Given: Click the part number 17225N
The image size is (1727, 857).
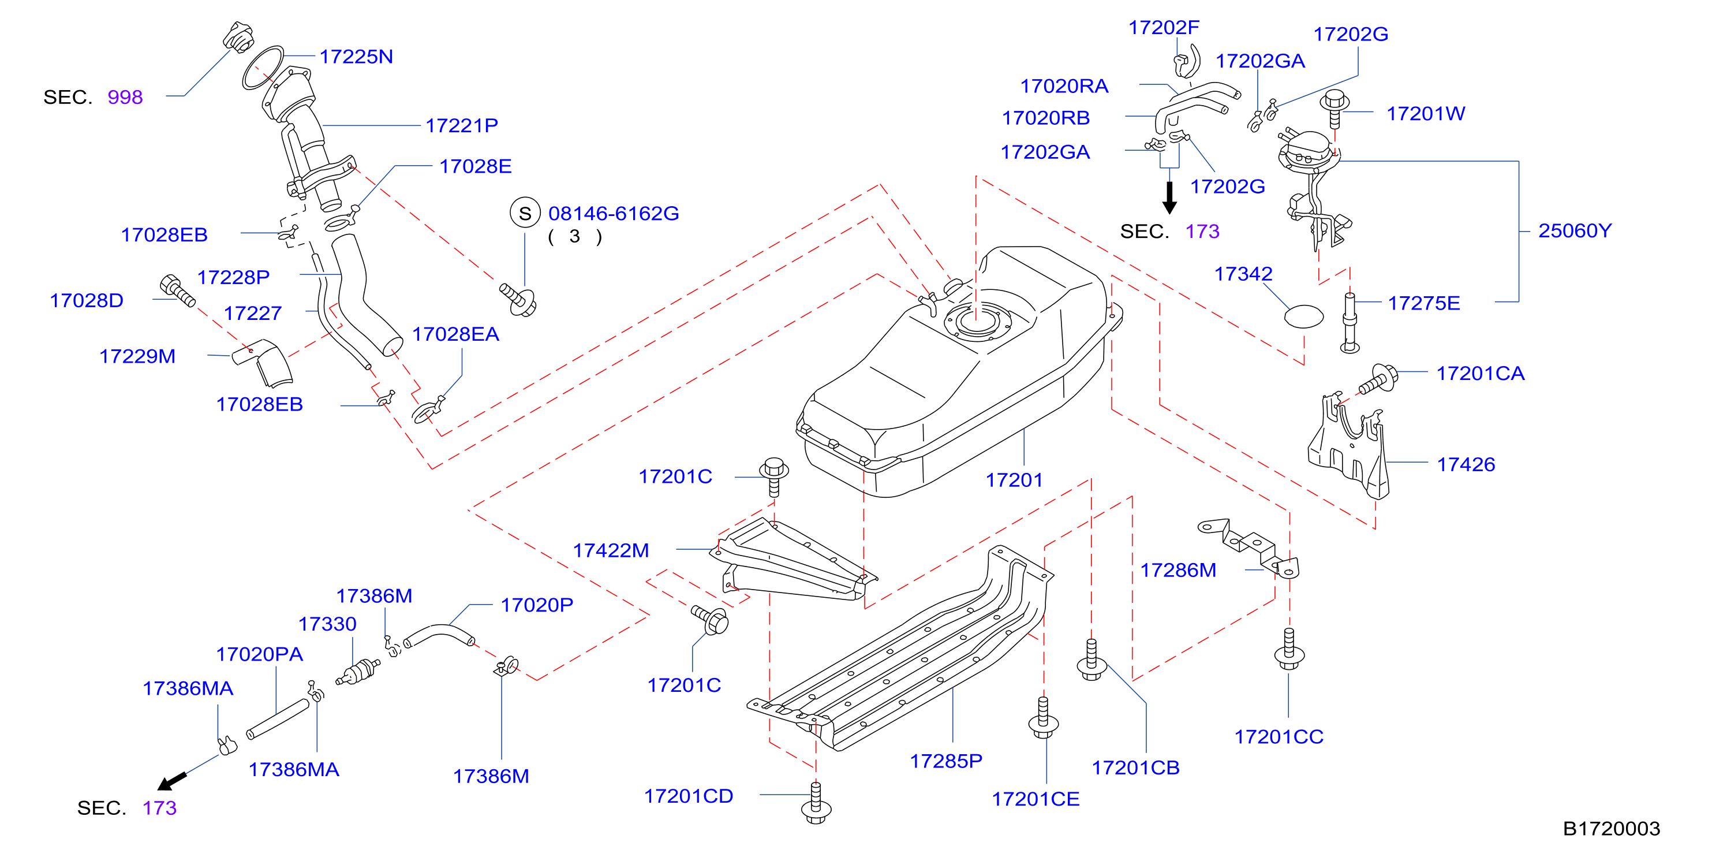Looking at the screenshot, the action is coord(356,57).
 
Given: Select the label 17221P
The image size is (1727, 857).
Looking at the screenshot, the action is coord(462,125).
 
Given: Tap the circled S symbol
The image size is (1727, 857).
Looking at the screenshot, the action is coord(525,213).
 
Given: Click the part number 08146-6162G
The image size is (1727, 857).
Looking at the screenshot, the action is coord(614,213).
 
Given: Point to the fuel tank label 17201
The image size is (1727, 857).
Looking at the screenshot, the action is coord(1014,480).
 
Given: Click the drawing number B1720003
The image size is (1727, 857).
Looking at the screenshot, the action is coord(1611,829).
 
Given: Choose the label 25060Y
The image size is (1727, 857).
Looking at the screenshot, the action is coord(1575,230).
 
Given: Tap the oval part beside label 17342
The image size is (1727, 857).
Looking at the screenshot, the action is coord(1304,316).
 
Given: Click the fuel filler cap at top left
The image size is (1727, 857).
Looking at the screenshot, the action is coord(238,38).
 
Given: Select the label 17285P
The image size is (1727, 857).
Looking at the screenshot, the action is coord(946,761).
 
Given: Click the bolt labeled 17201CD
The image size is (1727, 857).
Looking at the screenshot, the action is coord(816,803).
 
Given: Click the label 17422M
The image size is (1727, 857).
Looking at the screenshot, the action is coord(611,550).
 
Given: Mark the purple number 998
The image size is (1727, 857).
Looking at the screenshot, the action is coord(125,97).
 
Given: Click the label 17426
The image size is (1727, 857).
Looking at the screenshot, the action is coord(1466,465).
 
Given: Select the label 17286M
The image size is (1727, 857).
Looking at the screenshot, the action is coord(1178,570).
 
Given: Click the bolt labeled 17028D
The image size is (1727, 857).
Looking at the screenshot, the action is coord(178,291).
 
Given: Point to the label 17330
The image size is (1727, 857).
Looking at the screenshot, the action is coord(327,624).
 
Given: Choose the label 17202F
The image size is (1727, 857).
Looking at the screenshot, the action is coord(1164,28).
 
